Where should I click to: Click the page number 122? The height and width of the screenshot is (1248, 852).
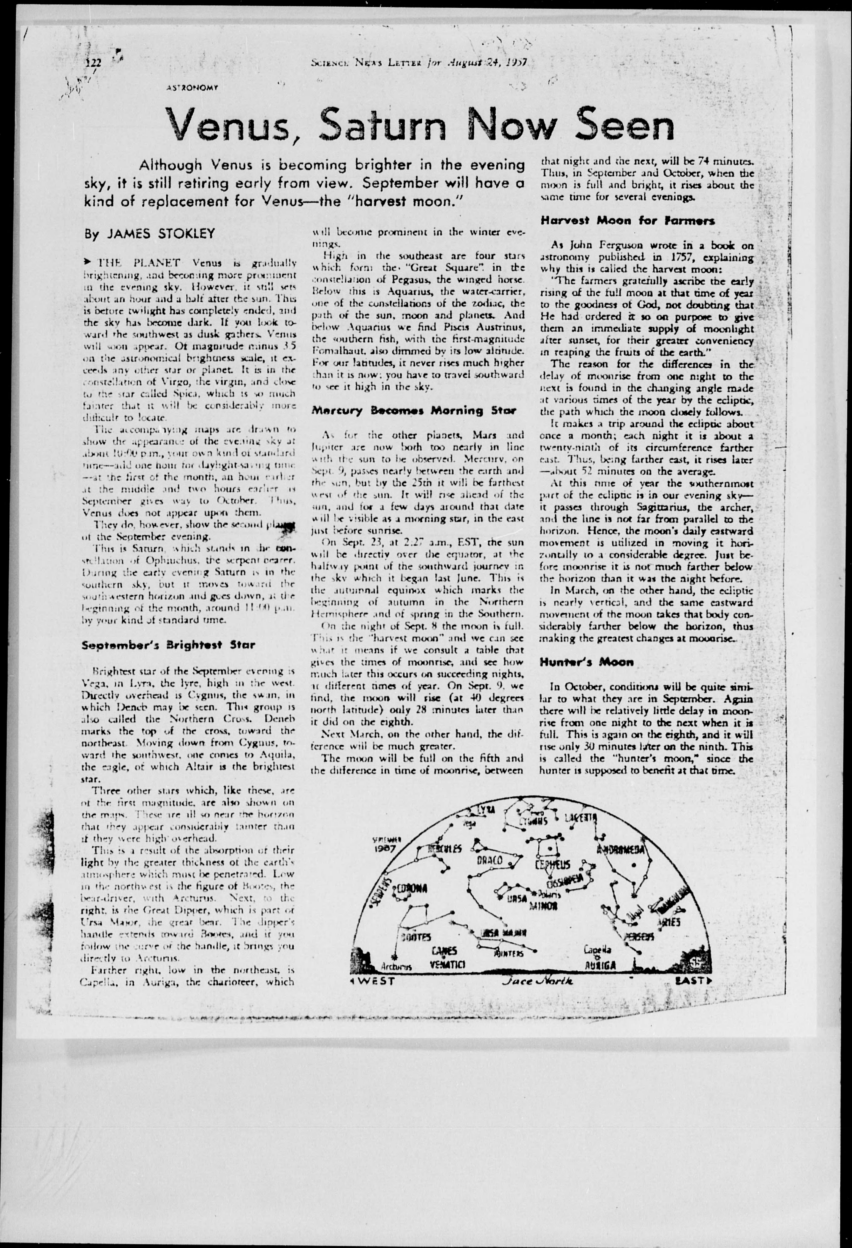(94, 63)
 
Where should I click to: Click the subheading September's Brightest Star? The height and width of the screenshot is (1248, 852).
(168, 645)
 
